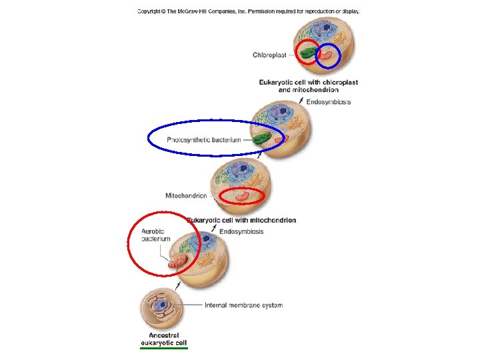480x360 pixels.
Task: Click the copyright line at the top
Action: [x=248, y=11]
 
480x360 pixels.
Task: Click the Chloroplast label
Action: [x=269, y=55]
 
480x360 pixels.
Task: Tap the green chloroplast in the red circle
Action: [x=308, y=53]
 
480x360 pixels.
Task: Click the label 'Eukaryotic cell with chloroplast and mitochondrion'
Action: [x=309, y=86]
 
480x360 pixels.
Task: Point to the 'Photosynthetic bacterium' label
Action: [x=203, y=140]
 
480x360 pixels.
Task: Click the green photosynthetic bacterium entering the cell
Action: [x=262, y=140]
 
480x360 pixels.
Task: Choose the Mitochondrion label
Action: [x=186, y=196]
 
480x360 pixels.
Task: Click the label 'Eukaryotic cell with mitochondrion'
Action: [x=241, y=220]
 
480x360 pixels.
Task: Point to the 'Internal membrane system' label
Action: [x=243, y=305]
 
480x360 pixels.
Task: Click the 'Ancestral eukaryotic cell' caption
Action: [x=163, y=339]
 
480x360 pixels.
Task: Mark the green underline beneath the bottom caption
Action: [x=164, y=347]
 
